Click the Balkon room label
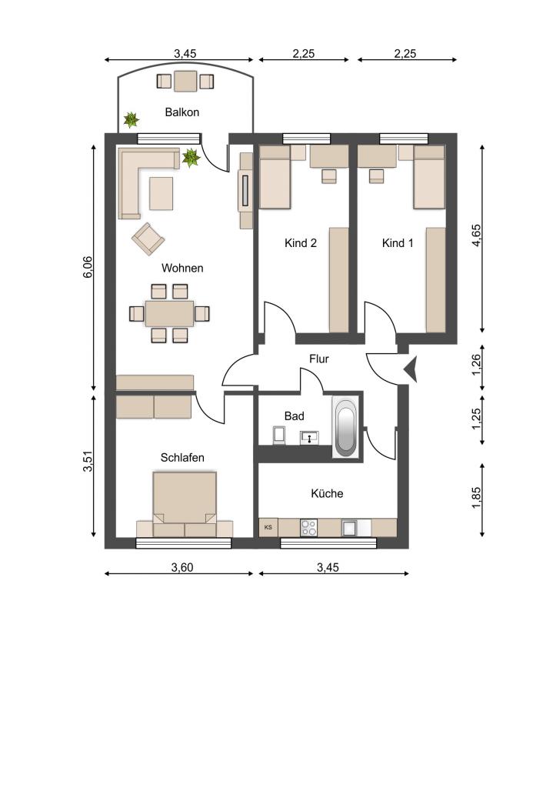click(x=181, y=112)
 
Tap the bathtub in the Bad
click(x=345, y=426)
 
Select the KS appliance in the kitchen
click(x=268, y=527)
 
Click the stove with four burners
click(x=309, y=528)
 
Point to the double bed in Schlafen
click(x=185, y=504)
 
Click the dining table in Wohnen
click(x=170, y=314)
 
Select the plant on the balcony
click(x=131, y=119)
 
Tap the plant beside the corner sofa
click(x=191, y=158)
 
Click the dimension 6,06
click(x=88, y=267)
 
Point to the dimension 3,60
click(x=181, y=567)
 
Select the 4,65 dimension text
click(x=476, y=235)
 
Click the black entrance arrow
click(x=411, y=370)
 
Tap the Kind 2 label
click(x=301, y=243)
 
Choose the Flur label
click(x=319, y=359)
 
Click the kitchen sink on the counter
click(x=350, y=528)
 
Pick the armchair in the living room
click(x=148, y=239)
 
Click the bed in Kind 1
click(x=429, y=177)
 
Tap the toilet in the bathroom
click(x=279, y=436)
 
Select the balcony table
click(x=185, y=81)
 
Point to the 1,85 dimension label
click(x=476, y=498)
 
